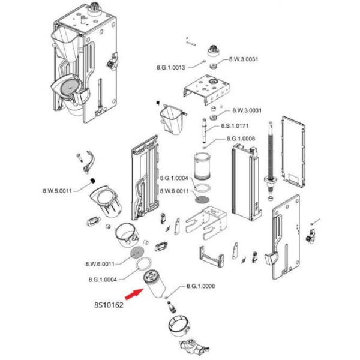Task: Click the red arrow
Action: pyautogui.click(x=134, y=294)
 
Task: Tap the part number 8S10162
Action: pyautogui.click(x=109, y=305)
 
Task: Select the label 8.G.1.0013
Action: pyautogui.click(x=171, y=67)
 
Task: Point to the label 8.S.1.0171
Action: pyautogui.click(x=235, y=126)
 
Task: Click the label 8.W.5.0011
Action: pyautogui.click(x=57, y=191)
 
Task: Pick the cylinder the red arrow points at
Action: pyautogui.click(x=154, y=284)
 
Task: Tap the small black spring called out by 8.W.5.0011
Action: pyautogui.click(x=92, y=181)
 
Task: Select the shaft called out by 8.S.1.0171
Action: pyautogui.click(x=204, y=131)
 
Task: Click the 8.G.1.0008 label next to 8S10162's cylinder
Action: pyautogui.click(x=200, y=286)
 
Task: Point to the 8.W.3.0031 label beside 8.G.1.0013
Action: pyautogui.click(x=244, y=59)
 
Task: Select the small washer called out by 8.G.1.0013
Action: pyautogui.click(x=203, y=61)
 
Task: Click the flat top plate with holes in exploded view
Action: pyautogui.click(x=206, y=89)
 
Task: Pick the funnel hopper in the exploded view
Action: pyautogui.click(x=173, y=119)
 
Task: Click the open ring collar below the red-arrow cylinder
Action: pyautogui.click(x=179, y=326)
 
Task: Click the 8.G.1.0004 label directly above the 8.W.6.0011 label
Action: pyautogui.click(x=174, y=178)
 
